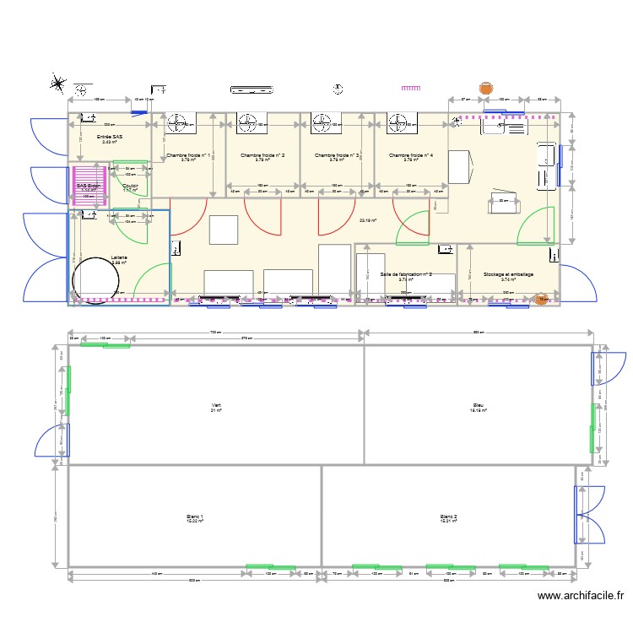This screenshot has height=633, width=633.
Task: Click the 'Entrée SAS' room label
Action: [x=110, y=137]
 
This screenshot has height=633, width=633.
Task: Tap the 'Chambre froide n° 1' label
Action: [x=187, y=156]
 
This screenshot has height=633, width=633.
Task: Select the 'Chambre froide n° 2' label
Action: [x=262, y=156]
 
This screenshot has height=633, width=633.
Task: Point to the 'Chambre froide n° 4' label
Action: [x=411, y=156]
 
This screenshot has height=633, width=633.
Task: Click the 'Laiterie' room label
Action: [x=119, y=257]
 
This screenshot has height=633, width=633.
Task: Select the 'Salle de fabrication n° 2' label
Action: [x=406, y=275]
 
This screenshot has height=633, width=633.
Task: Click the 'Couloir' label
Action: [x=130, y=186]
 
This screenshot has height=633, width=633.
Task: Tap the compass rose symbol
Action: [x=58, y=83]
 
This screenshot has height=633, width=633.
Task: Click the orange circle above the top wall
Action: [x=486, y=87]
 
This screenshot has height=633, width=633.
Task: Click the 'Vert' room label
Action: [x=216, y=406]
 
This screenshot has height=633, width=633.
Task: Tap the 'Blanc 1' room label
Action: [x=195, y=517]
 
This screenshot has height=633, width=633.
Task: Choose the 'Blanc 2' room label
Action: [x=448, y=517]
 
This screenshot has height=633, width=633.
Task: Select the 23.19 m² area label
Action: [x=368, y=221]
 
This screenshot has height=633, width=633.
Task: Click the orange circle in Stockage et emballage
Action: [x=542, y=299]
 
